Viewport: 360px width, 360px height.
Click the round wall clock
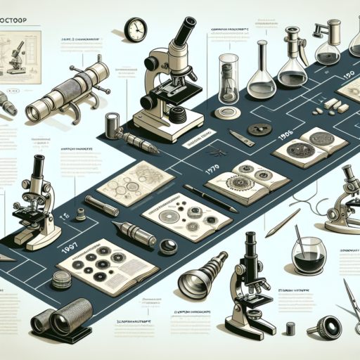coord(135,30)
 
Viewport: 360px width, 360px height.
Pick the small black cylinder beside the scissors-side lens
coord(289,328)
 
